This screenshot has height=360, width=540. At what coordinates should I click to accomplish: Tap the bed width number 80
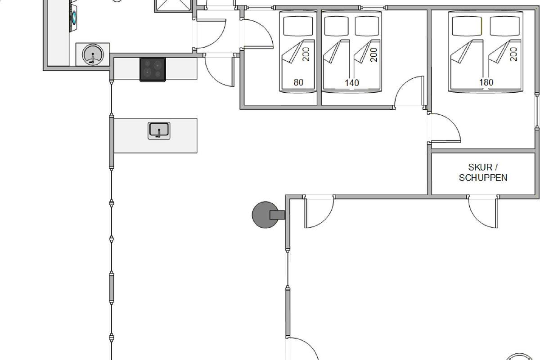point(298,82)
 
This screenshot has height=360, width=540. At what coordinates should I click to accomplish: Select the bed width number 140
point(351,82)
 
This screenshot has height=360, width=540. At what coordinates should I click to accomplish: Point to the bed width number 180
point(486,82)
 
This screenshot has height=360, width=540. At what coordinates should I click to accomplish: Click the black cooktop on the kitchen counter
point(153,69)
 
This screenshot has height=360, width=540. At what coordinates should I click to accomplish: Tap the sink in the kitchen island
point(159,130)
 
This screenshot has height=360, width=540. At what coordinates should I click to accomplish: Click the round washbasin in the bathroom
point(93,54)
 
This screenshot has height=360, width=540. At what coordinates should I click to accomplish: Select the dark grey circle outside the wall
point(264,215)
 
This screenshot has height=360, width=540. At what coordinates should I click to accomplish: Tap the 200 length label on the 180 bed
point(514,54)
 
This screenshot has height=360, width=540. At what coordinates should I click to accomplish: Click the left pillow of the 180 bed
point(467,26)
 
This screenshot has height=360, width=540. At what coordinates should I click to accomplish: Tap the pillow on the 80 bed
point(298,26)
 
